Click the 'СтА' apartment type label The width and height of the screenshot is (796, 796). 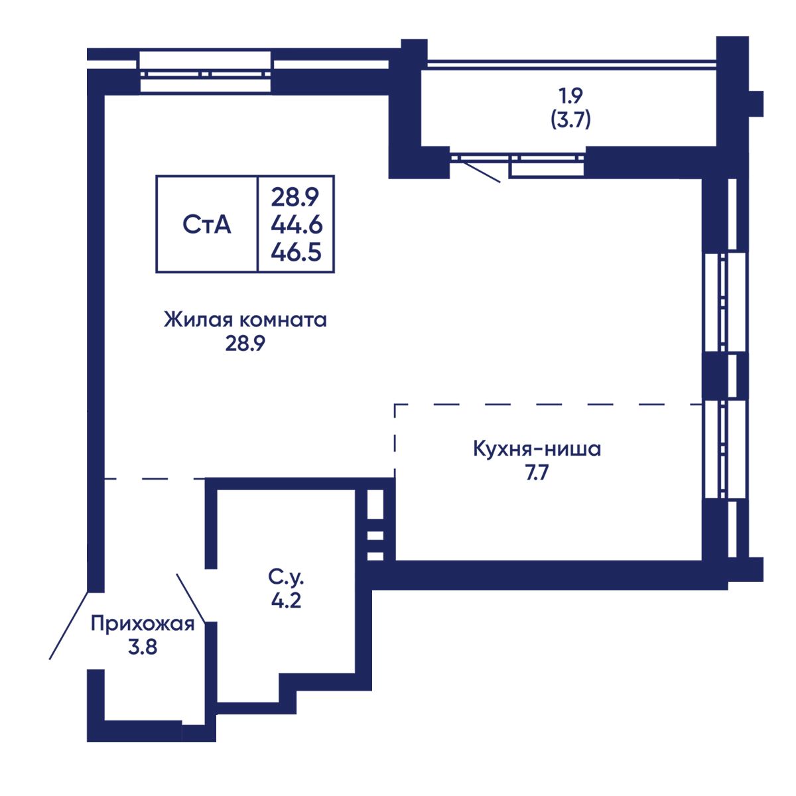206,225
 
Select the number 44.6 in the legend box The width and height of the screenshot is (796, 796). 297,225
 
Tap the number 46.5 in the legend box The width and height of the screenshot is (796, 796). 296,252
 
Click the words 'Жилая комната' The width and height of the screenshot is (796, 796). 245,320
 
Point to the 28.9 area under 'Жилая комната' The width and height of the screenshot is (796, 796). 245,343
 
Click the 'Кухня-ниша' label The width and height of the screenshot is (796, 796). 537,448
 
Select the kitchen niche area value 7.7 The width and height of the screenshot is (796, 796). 537,472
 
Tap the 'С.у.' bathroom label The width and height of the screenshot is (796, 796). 286,578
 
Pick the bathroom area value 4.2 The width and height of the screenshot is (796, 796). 286,600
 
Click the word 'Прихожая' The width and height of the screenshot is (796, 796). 143,624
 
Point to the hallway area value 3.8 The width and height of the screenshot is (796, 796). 143,647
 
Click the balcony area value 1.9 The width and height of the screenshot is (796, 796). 570,96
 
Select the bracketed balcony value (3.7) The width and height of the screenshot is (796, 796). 570,120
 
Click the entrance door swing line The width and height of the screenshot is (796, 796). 68,626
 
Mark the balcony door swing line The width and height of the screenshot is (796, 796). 481,171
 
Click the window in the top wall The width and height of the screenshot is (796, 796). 205,72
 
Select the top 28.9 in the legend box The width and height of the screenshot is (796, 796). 295,198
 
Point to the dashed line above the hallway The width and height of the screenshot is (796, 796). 155,479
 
